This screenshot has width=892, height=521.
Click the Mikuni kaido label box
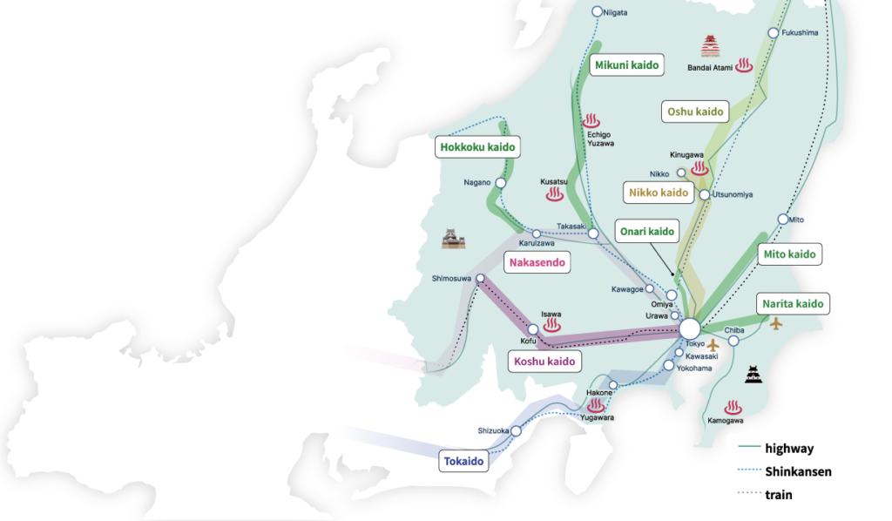pyautogui.click(x=626, y=64)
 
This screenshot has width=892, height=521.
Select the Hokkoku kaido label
pyautogui.click(x=477, y=146)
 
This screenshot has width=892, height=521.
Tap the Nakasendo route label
pyautogui.click(x=537, y=262)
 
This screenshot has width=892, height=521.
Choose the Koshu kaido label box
pyautogui.click(x=544, y=362)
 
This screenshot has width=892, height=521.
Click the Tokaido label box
pyautogui.click(x=463, y=461)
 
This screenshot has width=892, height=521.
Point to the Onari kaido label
pyautogui.click(x=647, y=232)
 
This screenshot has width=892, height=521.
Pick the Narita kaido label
pyautogui.click(x=793, y=304)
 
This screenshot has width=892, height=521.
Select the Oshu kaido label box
pyautogui.click(x=695, y=112)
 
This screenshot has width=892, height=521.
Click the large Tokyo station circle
pyautogui.click(x=690, y=328)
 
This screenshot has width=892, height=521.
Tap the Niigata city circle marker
pyautogui.click(x=597, y=11)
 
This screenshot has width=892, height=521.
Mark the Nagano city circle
pyautogui.click(x=501, y=183)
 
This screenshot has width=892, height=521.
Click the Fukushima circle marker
pyautogui.click(x=774, y=33)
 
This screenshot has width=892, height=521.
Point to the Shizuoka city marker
pyautogui.click(x=516, y=431)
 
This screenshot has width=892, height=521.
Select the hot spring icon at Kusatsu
pyautogui.click(x=555, y=194)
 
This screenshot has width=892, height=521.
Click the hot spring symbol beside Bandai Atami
pyautogui.click(x=744, y=64)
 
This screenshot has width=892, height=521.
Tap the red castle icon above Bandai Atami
pyautogui.click(x=710, y=46)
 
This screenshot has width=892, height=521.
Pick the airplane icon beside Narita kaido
pyautogui.click(x=776, y=324)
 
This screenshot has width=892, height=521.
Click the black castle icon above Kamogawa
pyautogui.click(x=753, y=375)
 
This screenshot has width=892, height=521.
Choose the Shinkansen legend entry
pyautogui.click(x=785, y=471)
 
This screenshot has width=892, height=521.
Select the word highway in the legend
pyautogui.click(x=789, y=448)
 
